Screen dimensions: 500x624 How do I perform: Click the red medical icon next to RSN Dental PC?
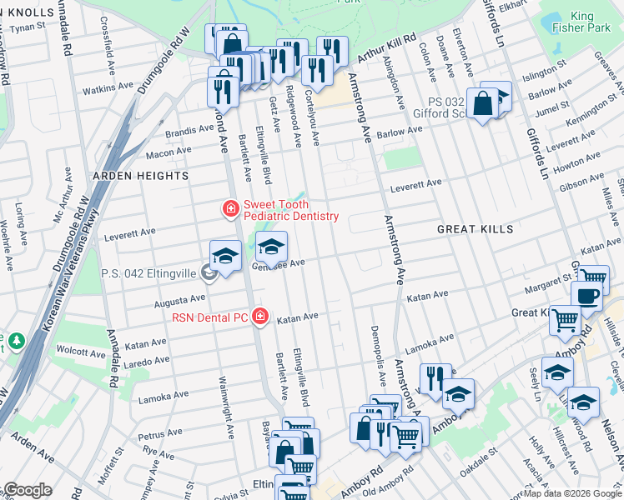[x=261, y=317]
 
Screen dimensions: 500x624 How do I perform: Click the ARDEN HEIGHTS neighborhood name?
[x=140, y=176]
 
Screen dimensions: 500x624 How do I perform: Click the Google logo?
[x=27, y=490]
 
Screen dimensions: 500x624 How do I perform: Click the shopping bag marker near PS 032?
[x=483, y=105]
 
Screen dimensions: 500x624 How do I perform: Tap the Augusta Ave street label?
[x=186, y=297]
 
